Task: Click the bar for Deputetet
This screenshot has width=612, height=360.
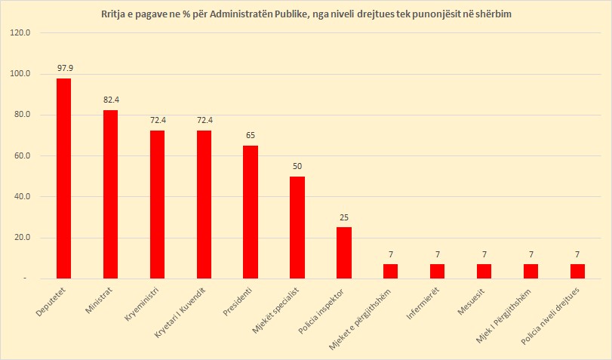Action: pyautogui.click(x=64, y=178)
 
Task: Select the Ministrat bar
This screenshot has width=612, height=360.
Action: pyautogui.click(x=110, y=194)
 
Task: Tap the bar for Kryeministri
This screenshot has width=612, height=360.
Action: pyautogui.click(x=157, y=205)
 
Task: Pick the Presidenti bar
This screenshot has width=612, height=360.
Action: pyautogui.click(x=251, y=212)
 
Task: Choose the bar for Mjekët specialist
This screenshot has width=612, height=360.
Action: pyautogui.click(x=297, y=227)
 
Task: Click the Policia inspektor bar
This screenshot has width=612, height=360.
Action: pyautogui.click(x=344, y=253)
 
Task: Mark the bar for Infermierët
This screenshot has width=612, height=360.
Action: pyautogui.click(x=438, y=271)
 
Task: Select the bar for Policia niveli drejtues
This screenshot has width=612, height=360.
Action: pyautogui.click(x=577, y=271)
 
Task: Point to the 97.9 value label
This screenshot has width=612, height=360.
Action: pyautogui.click(x=64, y=68)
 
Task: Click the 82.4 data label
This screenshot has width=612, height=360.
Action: pyautogui.click(x=111, y=100)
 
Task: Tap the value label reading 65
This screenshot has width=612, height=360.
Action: pyautogui.click(x=251, y=136)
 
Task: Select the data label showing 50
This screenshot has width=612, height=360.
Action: pyautogui.click(x=297, y=166)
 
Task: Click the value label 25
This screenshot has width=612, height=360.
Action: pyautogui.click(x=344, y=217)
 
